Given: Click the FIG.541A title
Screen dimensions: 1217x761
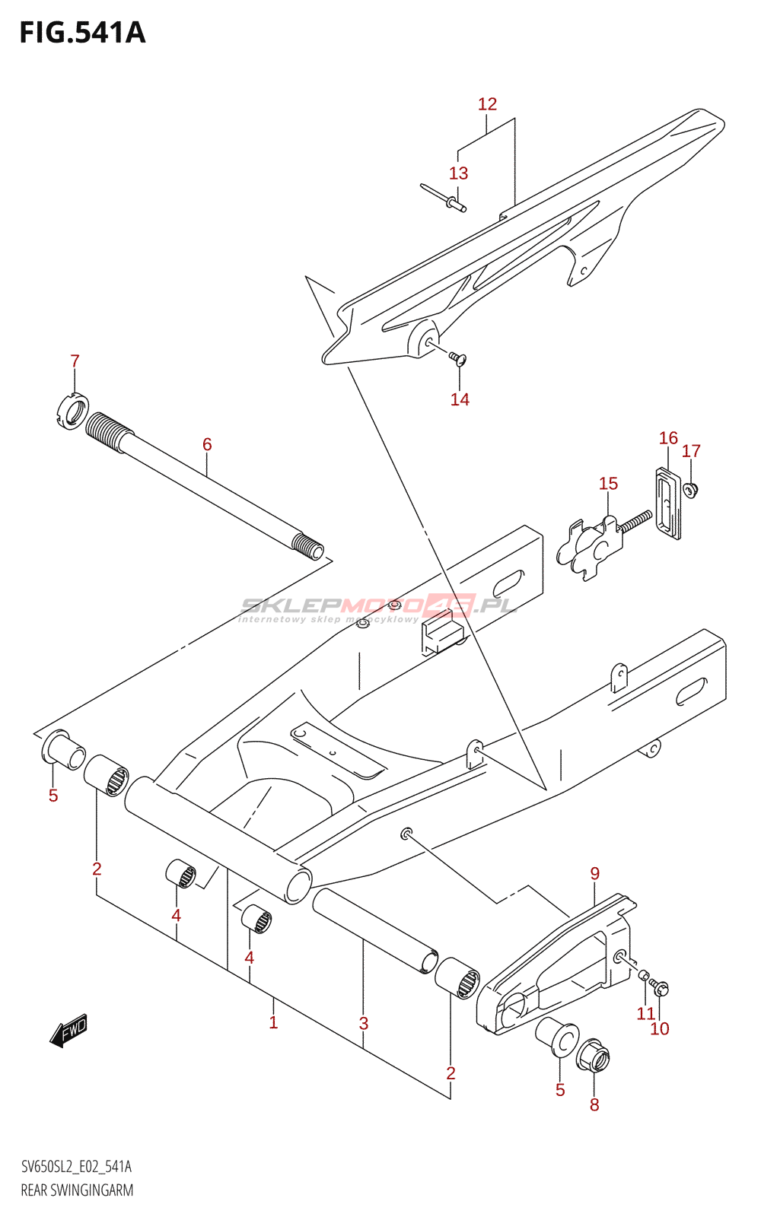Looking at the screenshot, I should click(82, 33).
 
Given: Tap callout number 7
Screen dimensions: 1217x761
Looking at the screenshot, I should click(75, 361).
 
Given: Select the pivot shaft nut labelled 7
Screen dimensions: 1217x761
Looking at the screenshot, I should click(74, 411).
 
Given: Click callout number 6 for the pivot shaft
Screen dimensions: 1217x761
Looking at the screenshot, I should click(207, 444).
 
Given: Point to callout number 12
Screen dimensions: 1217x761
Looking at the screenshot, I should click(487, 104).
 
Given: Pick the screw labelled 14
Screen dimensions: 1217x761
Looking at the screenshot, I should click(457, 357).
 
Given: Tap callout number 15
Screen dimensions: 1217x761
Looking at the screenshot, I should click(608, 484).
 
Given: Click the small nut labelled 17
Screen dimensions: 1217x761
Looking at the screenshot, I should click(691, 491).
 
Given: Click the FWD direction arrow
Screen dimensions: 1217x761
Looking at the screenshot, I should click(68, 1031).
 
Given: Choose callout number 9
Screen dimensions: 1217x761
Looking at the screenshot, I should click(595, 874).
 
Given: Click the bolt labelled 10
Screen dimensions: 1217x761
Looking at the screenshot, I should click(661, 989).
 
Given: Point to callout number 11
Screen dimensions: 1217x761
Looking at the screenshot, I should click(646, 1013).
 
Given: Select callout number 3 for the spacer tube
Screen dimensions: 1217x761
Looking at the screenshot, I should click(364, 1024).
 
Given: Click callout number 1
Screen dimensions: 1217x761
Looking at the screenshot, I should click(273, 1022).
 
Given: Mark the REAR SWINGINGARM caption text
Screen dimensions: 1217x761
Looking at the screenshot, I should click(77, 1190).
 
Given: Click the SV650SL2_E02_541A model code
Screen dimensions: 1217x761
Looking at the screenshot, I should click(76, 1167).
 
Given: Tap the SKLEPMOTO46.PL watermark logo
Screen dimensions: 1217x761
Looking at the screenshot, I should click(378, 607).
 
